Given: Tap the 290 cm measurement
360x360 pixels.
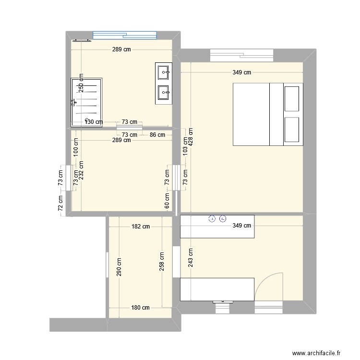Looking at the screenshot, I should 119,267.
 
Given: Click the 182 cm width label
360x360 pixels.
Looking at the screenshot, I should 140,226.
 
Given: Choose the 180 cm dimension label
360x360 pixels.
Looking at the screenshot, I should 140,308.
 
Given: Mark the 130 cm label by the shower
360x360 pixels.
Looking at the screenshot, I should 94,122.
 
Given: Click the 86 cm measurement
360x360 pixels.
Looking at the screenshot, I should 157,135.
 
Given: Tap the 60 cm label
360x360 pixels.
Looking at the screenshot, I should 167,200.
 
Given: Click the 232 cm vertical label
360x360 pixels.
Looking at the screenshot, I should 82,168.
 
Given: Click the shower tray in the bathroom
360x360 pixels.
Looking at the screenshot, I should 87,102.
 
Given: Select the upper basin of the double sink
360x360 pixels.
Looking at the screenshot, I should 164,72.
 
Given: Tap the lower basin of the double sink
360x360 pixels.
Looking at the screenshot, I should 164,91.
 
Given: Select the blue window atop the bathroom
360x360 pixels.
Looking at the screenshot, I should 125,35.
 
